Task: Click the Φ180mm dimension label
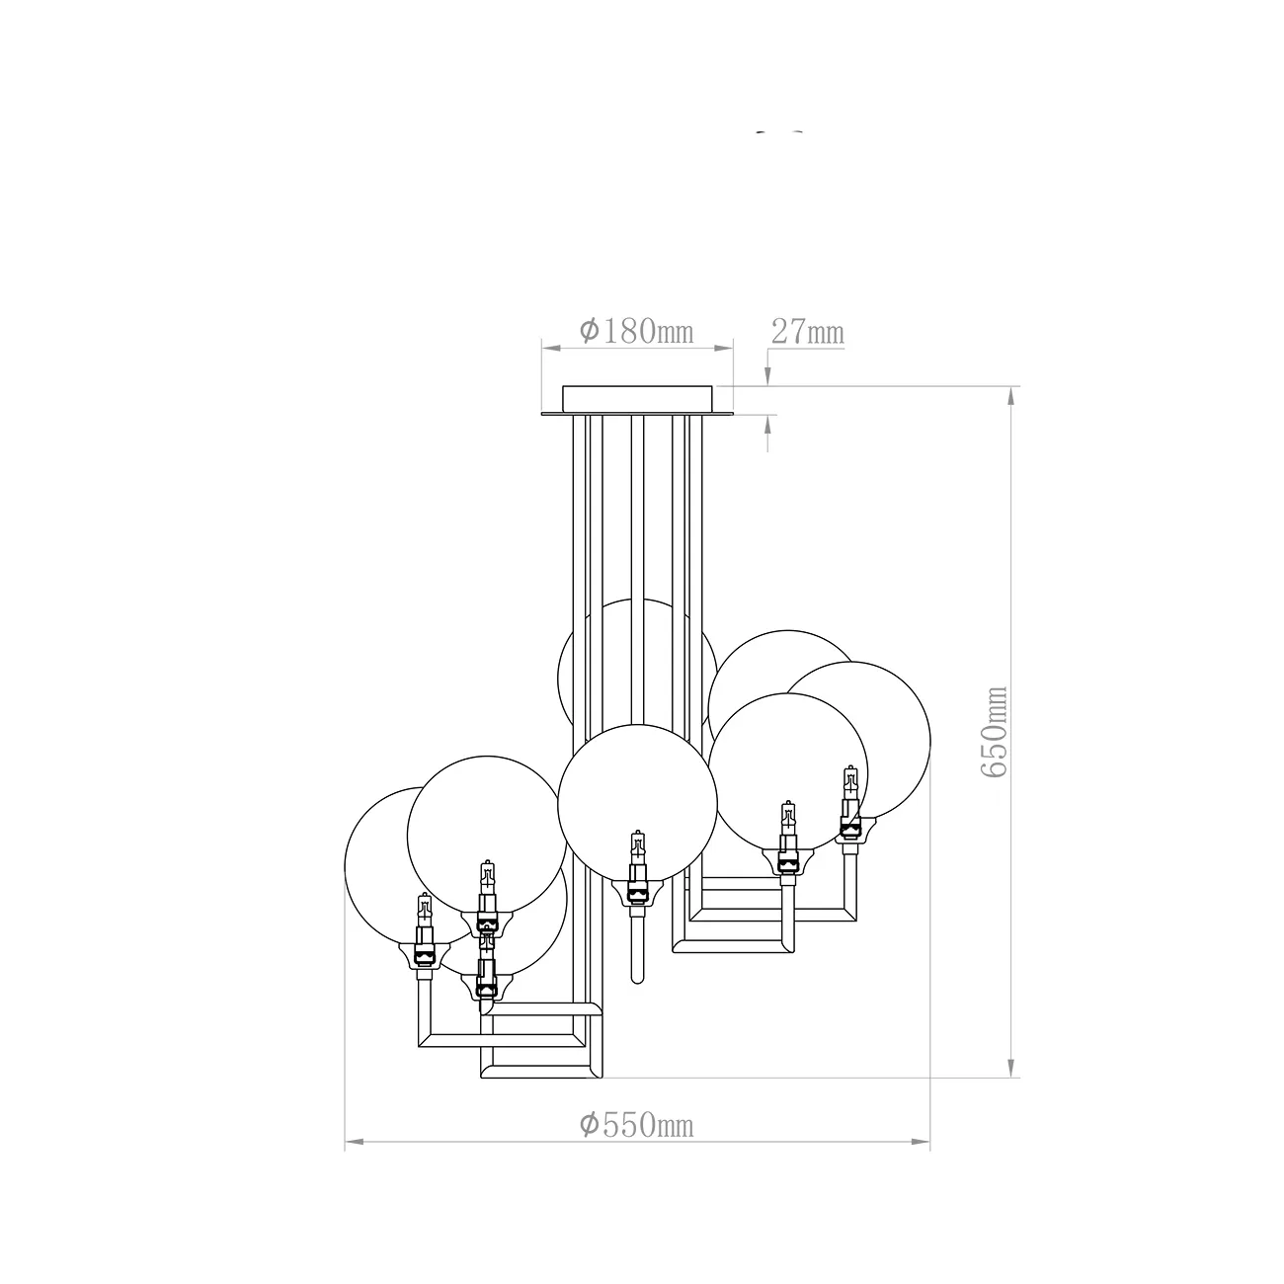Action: click(636, 331)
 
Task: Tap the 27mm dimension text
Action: click(808, 332)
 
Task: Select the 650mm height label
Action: click(995, 732)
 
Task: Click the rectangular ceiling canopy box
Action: click(637, 398)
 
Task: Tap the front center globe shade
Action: click(637, 804)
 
